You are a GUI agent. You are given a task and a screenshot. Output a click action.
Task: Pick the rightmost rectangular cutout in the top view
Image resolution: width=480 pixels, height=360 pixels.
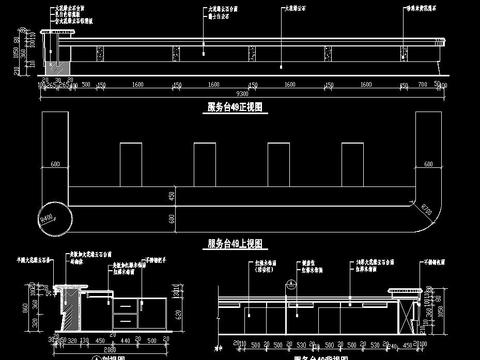(x=351, y=162)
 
